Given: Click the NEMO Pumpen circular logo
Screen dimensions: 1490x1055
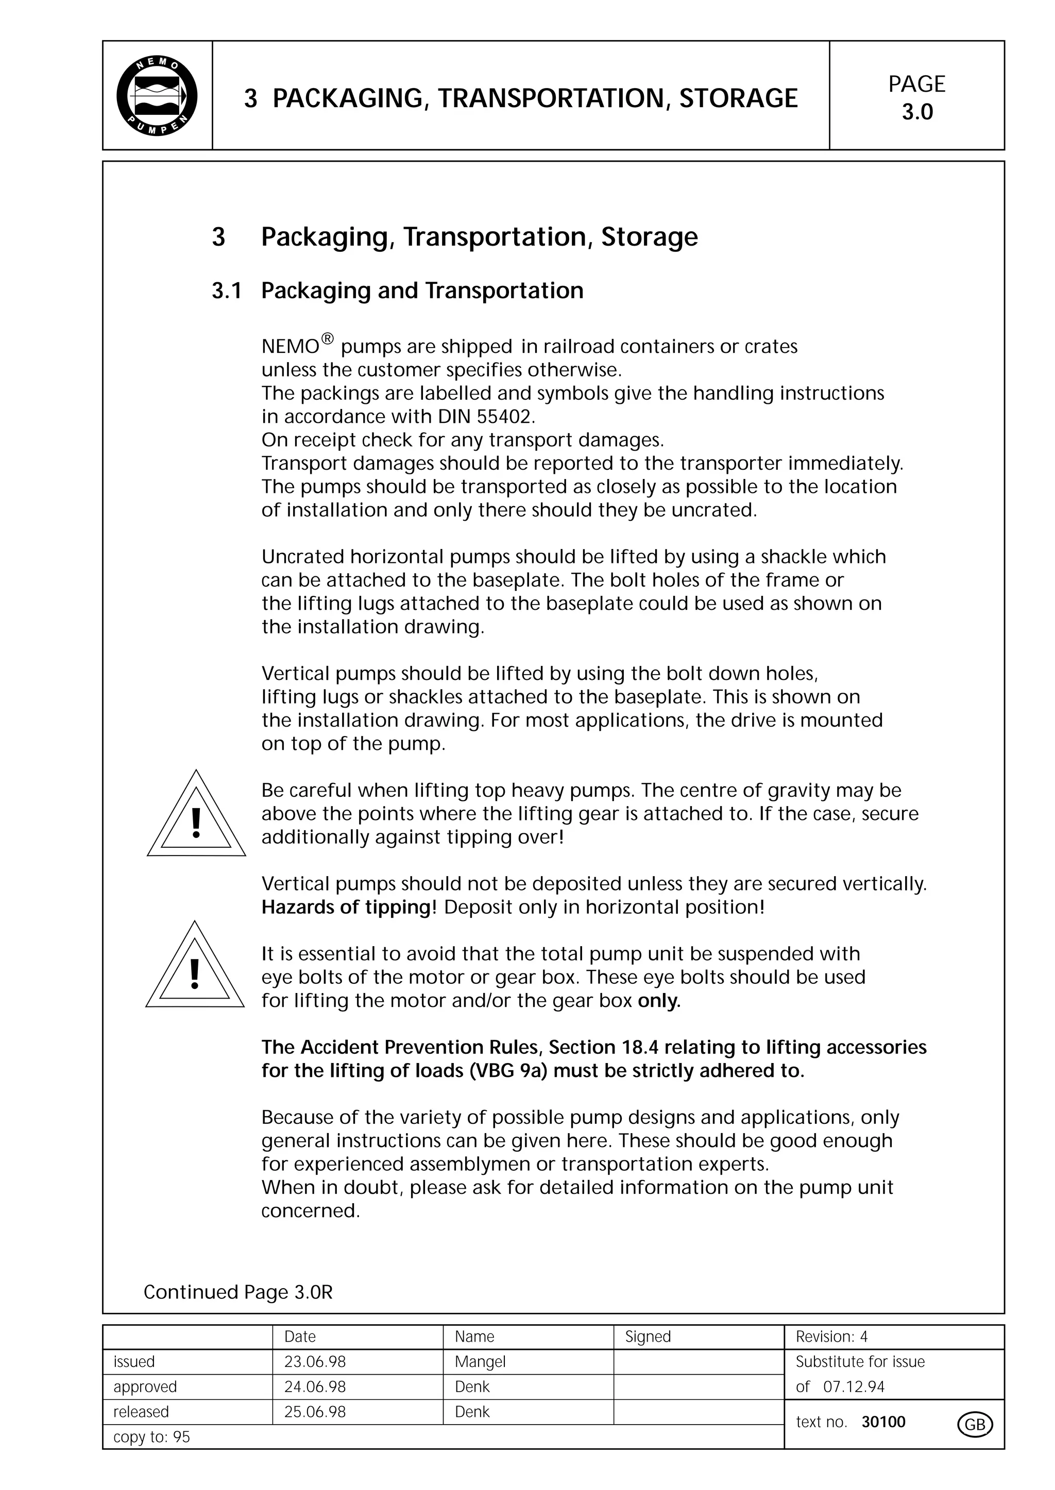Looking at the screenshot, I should [x=157, y=96].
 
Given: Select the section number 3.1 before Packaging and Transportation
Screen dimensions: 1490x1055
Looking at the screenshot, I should [x=226, y=291].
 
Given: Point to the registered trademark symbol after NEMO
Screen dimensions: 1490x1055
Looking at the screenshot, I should [x=328, y=339].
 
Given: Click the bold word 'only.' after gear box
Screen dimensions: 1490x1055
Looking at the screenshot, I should [x=659, y=1001].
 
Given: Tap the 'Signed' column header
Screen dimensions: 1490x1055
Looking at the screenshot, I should [x=647, y=1337].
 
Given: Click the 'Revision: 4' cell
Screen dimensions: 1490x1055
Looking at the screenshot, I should [x=831, y=1337].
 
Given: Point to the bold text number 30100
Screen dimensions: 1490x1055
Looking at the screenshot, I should [x=883, y=1422].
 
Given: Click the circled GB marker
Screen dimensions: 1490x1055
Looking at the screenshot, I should [x=975, y=1425].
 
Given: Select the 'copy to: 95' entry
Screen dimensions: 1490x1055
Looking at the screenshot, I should [x=151, y=1437].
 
